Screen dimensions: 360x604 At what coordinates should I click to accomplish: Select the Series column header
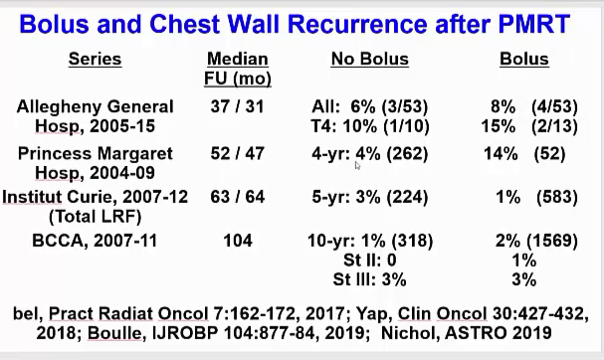point(95,60)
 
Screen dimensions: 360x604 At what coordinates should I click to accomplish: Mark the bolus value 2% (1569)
point(523,241)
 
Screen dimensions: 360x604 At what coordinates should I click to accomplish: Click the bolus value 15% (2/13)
point(523,125)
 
